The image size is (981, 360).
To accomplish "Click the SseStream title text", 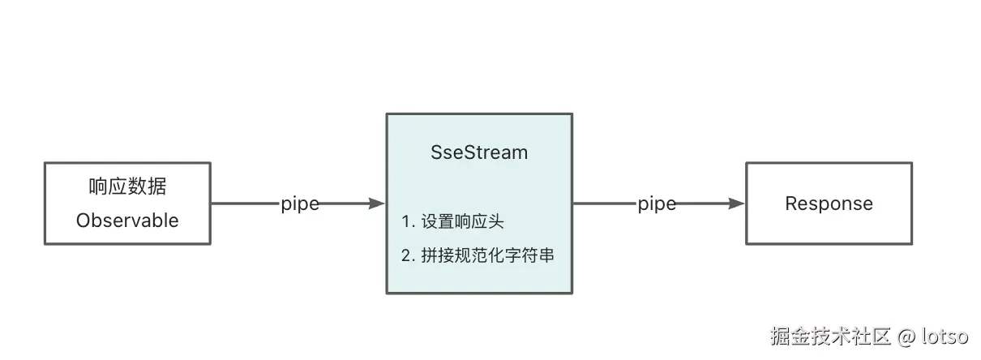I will [479, 152].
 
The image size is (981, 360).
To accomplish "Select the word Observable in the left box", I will [127, 220].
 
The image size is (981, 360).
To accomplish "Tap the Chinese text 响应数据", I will [127, 186].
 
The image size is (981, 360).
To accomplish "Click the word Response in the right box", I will [829, 204].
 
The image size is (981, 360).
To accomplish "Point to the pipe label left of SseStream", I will [300, 204].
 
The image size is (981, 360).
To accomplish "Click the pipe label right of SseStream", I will [657, 204].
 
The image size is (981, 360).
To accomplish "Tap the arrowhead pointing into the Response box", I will [736, 204].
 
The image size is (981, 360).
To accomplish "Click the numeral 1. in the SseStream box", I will [408, 221].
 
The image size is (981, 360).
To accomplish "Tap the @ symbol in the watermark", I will [906, 335].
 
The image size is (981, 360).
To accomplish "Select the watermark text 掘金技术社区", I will [831, 335].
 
